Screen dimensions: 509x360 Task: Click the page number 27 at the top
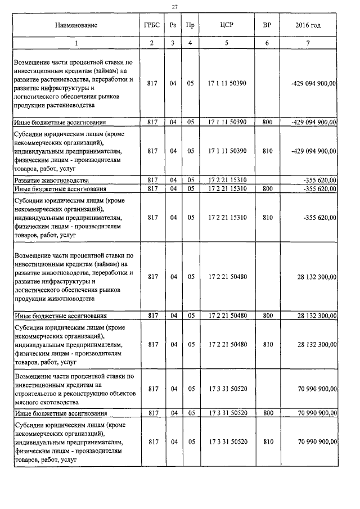click(x=174, y=7)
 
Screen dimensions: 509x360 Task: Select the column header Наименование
click(x=76, y=25)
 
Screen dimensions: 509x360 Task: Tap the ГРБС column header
click(x=152, y=25)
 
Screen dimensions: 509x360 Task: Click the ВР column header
click(x=267, y=25)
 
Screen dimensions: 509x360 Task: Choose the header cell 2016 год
click(x=308, y=25)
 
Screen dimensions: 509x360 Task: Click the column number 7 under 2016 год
click(x=308, y=43)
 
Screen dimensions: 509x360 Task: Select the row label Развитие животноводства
click(x=51, y=180)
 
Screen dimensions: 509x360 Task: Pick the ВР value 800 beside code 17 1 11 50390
click(x=267, y=121)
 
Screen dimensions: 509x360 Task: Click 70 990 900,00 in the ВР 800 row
click(x=317, y=413)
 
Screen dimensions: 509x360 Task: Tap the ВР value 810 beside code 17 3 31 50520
click(x=267, y=442)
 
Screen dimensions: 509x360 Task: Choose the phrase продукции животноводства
click(x=51, y=299)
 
